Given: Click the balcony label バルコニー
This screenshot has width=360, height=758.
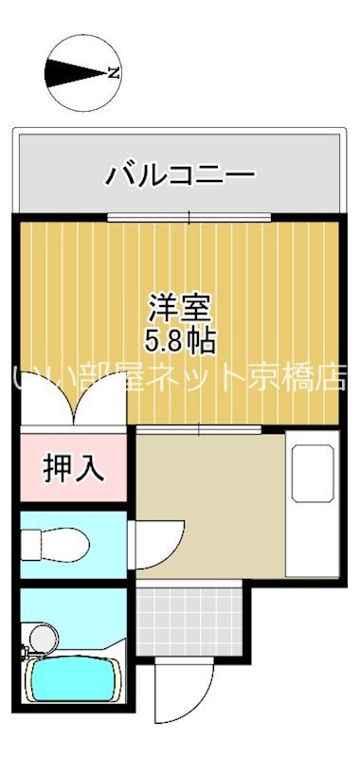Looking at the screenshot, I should click(179, 174).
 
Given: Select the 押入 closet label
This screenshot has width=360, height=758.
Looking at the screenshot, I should click(73, 467).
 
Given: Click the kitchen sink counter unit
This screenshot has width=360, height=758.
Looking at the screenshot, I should click(312, 502).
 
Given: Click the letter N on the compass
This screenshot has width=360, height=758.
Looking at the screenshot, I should click(113, 72).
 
